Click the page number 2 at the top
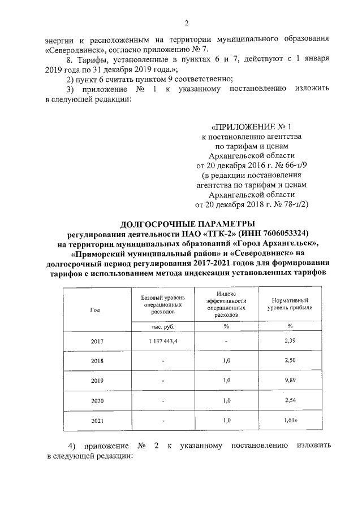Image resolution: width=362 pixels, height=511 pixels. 186,23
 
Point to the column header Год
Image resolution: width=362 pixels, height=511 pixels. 95,309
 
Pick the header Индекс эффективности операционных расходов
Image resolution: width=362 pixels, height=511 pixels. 226,304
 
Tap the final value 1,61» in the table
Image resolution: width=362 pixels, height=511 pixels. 290,420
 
